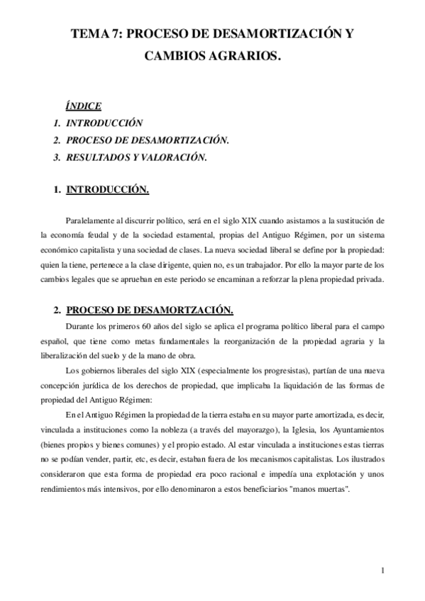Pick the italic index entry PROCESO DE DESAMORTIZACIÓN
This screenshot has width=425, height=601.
(x=142, y=140)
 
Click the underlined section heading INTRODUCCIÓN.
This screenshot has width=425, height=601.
(x=107, y=190)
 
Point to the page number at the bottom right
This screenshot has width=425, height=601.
(x=382, y=571)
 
